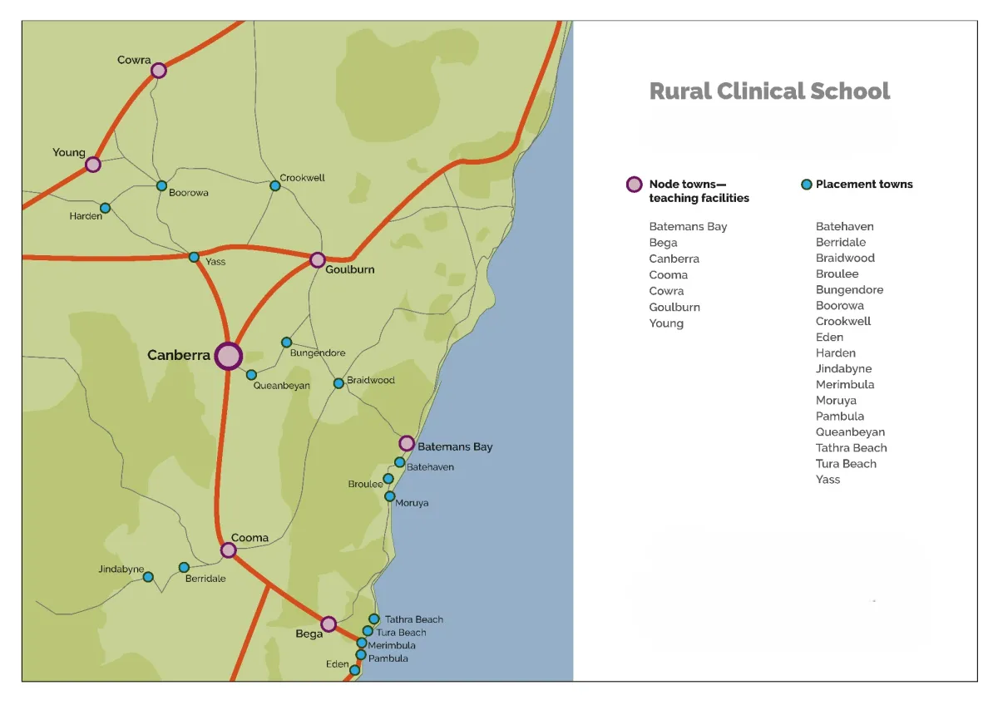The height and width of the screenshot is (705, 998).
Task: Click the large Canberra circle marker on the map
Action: [x=228, y=356]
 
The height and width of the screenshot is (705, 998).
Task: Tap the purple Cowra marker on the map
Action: [x=159, y=71]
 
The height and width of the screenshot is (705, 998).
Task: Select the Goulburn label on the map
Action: [x=350, y=269]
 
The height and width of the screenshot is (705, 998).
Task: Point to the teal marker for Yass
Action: [x=194, y=258]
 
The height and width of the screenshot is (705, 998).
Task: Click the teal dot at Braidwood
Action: [x=338, y=383]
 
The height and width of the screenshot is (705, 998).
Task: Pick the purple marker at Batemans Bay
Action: [x=407, y=443]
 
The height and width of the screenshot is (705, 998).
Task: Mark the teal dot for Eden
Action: [x=355, y=670]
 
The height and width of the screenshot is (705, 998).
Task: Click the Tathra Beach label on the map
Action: [x=413, y=619]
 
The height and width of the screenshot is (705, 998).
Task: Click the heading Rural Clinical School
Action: [x=769, y=91]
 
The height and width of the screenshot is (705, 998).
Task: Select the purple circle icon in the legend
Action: [x=634, y=185]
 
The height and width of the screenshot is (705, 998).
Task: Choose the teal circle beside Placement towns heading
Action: [x=806, y=185]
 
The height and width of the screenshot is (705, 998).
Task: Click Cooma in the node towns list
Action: [x=669, y=275]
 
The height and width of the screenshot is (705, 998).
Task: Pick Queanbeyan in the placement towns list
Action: [x=850, y=432]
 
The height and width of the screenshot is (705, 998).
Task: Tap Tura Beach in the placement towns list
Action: [x=846, y=464]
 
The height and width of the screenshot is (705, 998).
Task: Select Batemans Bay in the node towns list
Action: [x=688, y=227]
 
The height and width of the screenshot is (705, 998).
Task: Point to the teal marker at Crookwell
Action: [x=275, y=185]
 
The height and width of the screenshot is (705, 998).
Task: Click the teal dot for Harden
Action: [x=105, y=208]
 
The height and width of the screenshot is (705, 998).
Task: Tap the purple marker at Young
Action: [x=93, y=165]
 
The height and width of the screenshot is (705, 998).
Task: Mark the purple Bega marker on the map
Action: [x=329, y=624]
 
